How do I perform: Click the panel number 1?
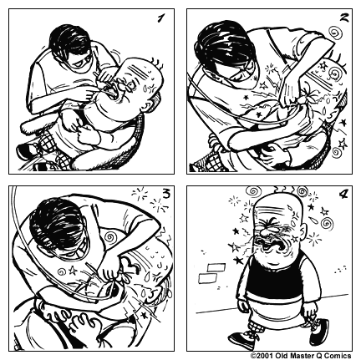point(160,19)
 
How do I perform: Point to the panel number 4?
point(341,197)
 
